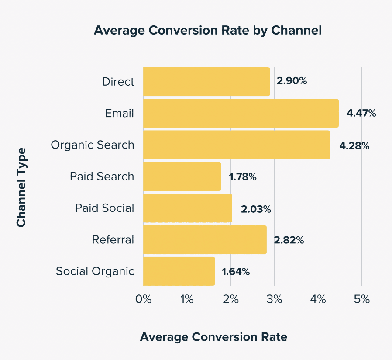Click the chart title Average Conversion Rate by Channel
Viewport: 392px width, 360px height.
pos(208,31)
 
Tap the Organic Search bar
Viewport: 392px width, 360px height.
pos(237,145)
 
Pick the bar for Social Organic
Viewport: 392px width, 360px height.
pos(179,271)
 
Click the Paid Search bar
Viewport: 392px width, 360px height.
pos(182,177)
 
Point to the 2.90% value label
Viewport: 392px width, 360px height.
pos(292,81)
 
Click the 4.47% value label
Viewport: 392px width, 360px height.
pos(361,113)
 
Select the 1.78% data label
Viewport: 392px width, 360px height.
pos(242,177)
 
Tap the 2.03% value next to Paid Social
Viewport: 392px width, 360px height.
pos(256,209)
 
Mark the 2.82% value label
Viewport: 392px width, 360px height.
pos(289,240)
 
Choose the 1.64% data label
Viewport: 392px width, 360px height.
pos(235,271)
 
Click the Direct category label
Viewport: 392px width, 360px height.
pos(118,82)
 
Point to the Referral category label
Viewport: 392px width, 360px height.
pos(113,239)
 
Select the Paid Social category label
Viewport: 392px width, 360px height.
pos(104,208)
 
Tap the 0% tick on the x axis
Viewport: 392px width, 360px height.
pos(143,299)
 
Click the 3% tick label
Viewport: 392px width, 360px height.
pos(275,299)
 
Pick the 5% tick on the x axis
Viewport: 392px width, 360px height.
pos(362,299)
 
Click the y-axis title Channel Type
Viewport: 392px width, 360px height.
pos(21,187)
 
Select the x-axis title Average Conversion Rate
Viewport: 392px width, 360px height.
pos(213,337)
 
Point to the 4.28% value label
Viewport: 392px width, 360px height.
pos(355,145)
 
